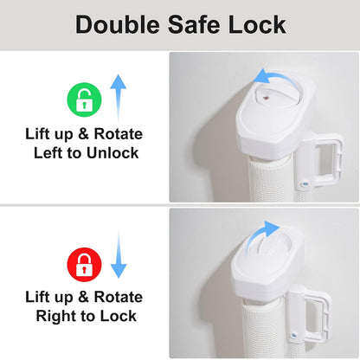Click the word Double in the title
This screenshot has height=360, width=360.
click(x=118, y=24)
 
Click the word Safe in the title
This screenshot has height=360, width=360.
click(x=194, y=24)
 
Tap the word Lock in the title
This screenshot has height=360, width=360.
click(x=257, y=24)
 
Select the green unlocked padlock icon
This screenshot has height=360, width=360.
click(x=84, y=100)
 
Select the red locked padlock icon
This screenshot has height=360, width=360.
click(x=84, y=265)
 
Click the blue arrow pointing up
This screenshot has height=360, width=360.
click(x=119, y=98)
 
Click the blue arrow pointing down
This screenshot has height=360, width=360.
click(x=119, y=254)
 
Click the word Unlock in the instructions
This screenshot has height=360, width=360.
click(x=112, y=152)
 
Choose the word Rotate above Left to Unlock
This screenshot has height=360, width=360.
click(x=119, y=134)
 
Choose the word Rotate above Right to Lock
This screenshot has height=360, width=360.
click(x=119, y=297)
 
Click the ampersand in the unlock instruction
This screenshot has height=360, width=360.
click(x=83, y=134)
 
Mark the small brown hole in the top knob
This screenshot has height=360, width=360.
click(x=266, y=99)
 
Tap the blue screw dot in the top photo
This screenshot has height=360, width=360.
click(x=304, y=183)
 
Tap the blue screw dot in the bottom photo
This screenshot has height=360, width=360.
click(x=294, y=335)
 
